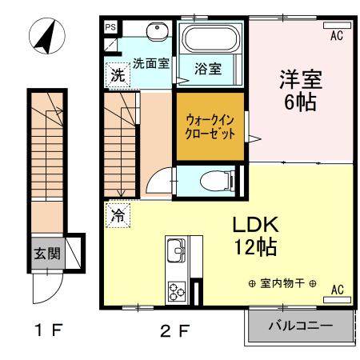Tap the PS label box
tap(110, 26)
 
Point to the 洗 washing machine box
tap(117, 76)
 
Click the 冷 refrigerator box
tap(118, 214)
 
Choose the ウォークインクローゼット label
tap(210, 126)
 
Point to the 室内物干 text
tap(282, 285)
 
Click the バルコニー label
tap(300, 326)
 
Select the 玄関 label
tap(46, 254)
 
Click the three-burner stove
tap(175, 289)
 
